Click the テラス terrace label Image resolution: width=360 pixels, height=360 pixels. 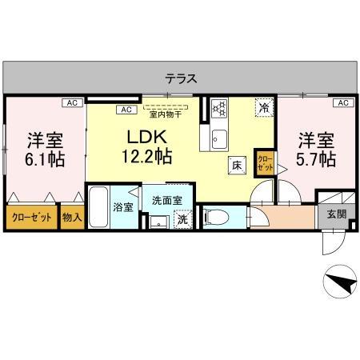tap(182, 78)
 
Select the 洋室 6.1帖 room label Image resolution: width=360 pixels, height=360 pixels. tap(45, 147)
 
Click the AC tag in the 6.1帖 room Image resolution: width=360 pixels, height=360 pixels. tap(71, 103)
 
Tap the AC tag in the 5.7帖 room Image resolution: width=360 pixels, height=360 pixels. tap(342, 103)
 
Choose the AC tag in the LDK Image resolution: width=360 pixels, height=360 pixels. tap(126, 110)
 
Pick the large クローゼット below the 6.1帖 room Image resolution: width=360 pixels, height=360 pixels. tap(32, 217)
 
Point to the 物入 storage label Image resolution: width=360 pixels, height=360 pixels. tap(71, 217)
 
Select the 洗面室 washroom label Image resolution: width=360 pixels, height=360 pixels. tap(167, 200)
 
